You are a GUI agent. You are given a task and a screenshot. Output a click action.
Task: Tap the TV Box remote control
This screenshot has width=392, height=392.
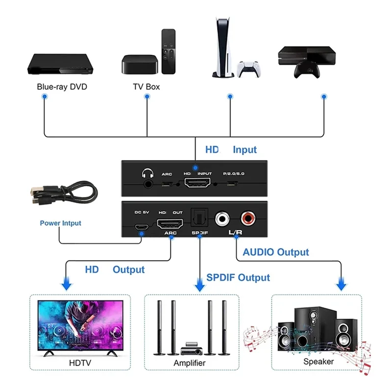168,51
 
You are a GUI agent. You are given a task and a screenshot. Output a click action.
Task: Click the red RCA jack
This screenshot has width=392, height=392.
247,217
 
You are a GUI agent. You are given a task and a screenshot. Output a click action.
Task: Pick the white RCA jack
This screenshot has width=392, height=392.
223,217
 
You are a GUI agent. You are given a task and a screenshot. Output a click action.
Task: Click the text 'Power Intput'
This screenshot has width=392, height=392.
60,223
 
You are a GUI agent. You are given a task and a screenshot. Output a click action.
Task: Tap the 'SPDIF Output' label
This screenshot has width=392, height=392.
238,277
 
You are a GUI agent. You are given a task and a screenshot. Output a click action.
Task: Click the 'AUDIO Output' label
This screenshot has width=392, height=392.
276,252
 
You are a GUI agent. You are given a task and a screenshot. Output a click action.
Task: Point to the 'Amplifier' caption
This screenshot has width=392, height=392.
190,363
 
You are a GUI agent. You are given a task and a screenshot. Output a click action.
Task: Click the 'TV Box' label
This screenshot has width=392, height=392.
146,87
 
